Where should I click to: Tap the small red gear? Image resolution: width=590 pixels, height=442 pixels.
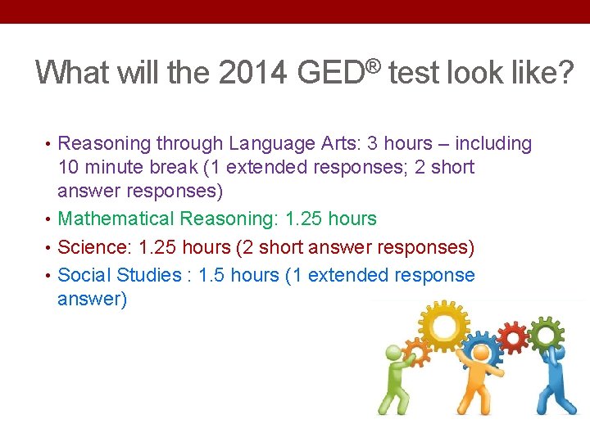514,336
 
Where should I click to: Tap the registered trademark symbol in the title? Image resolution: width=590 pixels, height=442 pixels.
374,63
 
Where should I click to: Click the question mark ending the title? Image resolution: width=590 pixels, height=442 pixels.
565,73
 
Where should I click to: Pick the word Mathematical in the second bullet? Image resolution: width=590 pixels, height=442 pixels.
116,219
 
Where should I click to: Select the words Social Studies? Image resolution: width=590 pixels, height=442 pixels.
120,274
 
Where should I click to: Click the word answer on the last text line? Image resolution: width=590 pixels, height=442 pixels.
92,300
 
